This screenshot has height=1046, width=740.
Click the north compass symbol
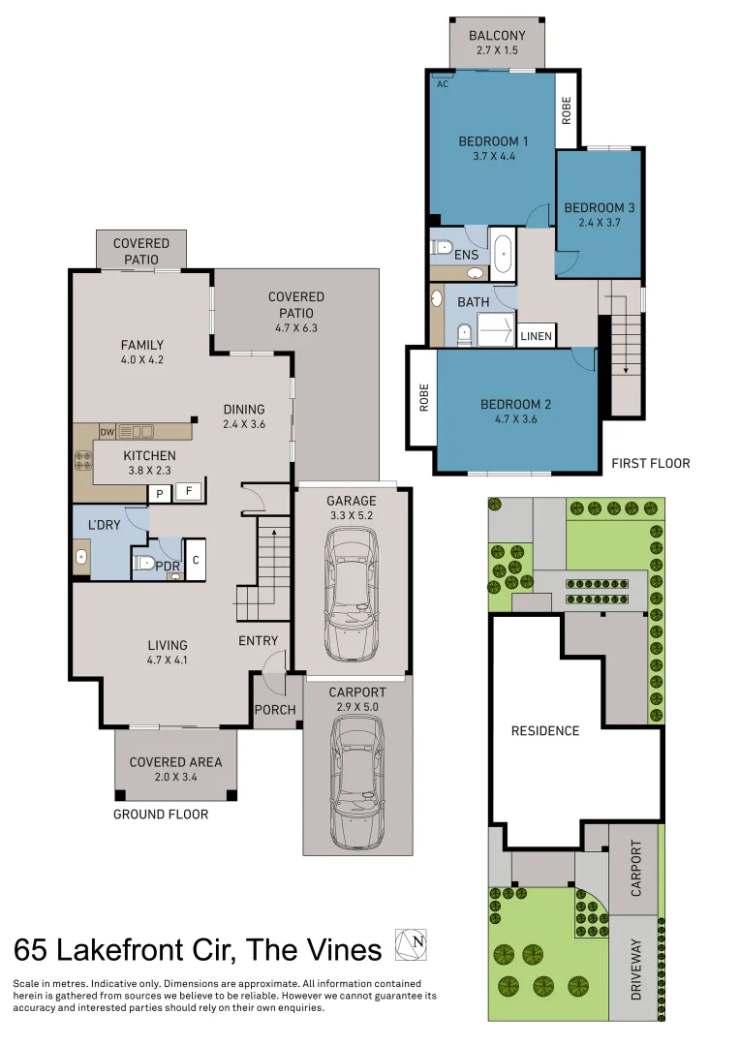pyautogui.click(x=411, y=944)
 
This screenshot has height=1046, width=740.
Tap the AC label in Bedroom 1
pyautogui.click(x=443, y=84)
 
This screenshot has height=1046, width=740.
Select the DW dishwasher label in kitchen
pyautogui.click(x=108, y=432)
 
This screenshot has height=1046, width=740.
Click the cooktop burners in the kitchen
pyautogui.click(x=83, y=460)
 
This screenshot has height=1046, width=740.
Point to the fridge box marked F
pyautogui.click(x=189, y=492)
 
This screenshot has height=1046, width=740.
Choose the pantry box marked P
pyautogui.click(x=160, y=494)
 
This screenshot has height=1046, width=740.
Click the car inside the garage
pyautogui.click(x=351, y=595)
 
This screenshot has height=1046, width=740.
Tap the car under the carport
pyautogui.click(x=357, y=782)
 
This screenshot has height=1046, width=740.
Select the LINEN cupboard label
pyautogui.click(x=536, y=336)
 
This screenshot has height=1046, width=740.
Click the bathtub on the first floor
pyautogui.click(x=503, y=253)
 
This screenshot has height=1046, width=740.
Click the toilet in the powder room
pyautogui.click(x=144, y=563)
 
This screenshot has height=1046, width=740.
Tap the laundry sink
pyautogui.click(x=81, y=557)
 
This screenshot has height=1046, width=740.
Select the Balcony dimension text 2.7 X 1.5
pyautogui.click(x=497, y=50)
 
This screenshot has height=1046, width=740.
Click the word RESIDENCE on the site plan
pyautogui.click(x=545, y=731)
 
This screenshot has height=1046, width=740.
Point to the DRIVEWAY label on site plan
pyautogui.click(x=636, y=969)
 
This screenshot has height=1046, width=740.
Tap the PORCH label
pyautogui.click(x=275, y=710)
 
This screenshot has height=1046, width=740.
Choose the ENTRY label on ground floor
pyautogui.click(x=259, y=640)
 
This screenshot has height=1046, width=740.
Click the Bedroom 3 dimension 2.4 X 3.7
pyautogui.click(x=600, y=223)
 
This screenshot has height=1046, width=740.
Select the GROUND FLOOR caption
pyautogui.click(x=161, y=815)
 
